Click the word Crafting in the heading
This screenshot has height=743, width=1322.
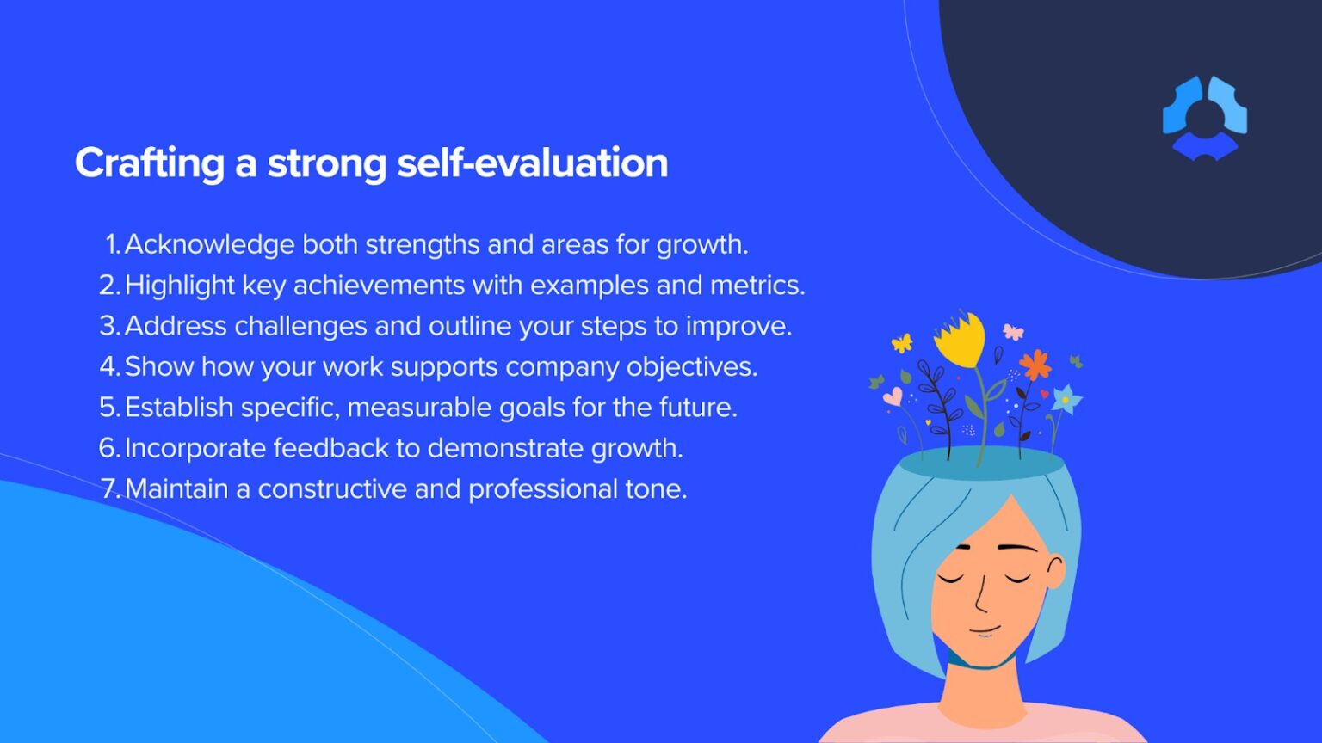coord(150,163)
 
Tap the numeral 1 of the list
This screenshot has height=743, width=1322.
coord(113,244)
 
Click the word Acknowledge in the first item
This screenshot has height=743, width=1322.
coord(210,244)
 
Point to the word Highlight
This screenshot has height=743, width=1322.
coord(179,285)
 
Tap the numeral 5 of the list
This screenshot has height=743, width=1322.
coord(108,407)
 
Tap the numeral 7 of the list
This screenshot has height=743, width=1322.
coord(110,488)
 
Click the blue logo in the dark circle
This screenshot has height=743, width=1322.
coord(1204,117)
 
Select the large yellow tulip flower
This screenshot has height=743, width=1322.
coord(960,339)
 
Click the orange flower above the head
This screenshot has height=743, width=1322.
coord(1035,365)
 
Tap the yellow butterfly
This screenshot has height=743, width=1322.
coord(901,343)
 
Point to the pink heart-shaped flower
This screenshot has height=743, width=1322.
coord(893,396)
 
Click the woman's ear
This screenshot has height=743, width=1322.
coord(1055,571)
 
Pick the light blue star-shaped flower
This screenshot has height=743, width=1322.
coord(1066,399)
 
